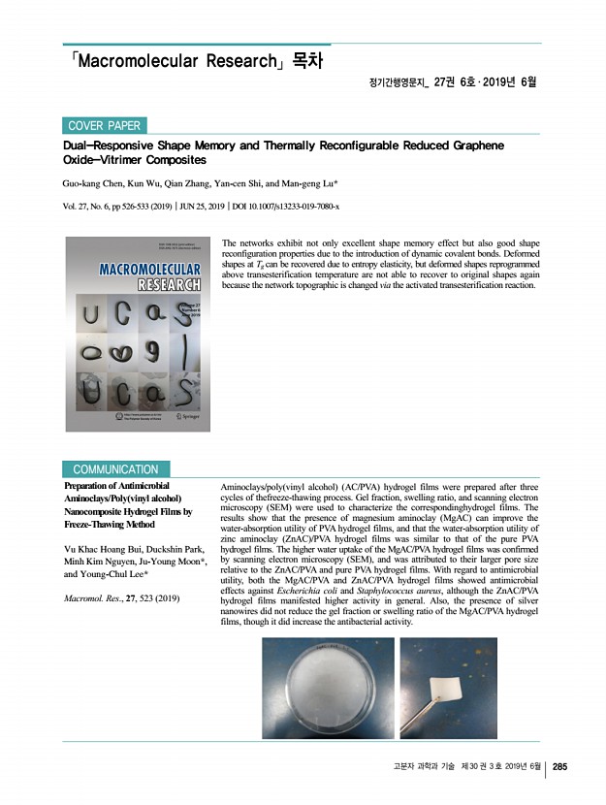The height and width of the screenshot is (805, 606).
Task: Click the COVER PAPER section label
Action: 105,125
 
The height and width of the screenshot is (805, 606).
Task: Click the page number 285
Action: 559,768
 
